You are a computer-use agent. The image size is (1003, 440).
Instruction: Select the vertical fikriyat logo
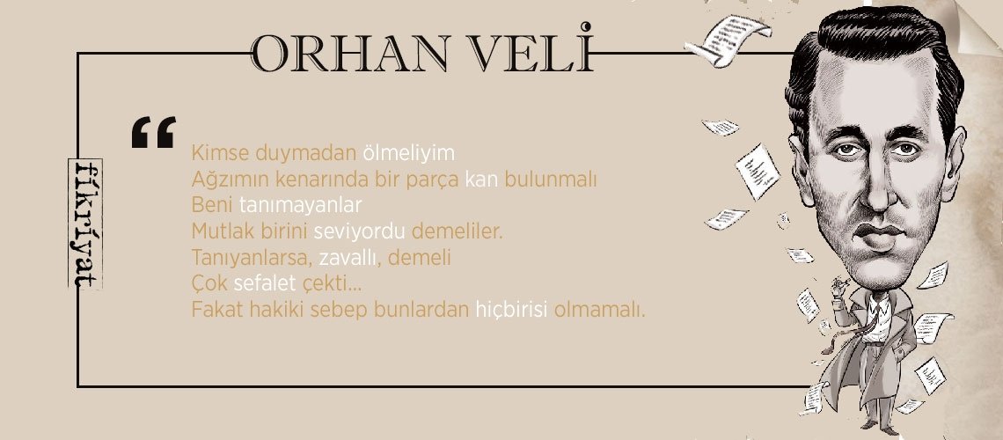86,224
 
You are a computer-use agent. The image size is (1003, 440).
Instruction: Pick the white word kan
481,180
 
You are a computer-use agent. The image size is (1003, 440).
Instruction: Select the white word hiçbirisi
511,311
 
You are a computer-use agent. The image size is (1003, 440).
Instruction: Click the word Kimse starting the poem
214,153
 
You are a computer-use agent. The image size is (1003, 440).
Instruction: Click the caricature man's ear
802,150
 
